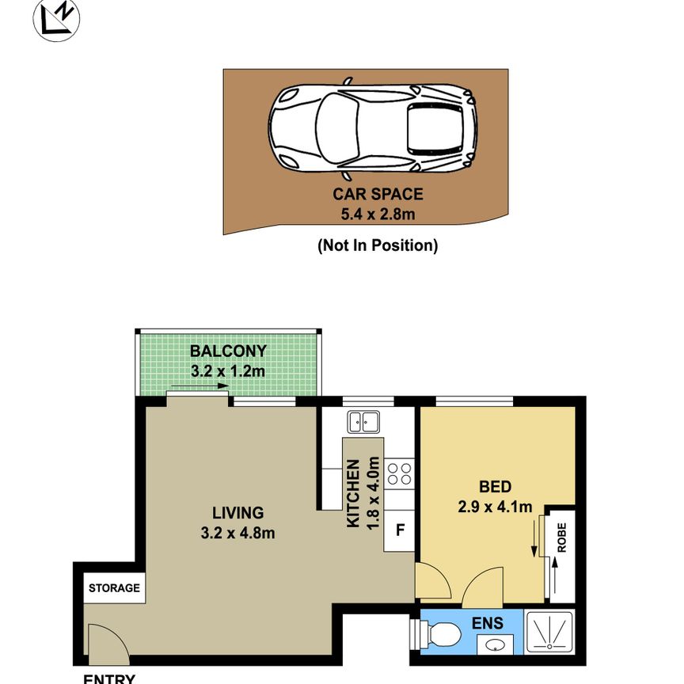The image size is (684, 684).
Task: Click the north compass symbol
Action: [56, 18]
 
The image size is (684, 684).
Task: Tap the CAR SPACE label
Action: [377, 193]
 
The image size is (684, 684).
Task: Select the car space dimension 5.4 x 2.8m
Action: [377, 211]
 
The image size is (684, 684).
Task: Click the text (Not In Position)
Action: [377, 245]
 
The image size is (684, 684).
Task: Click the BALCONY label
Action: [228, 351]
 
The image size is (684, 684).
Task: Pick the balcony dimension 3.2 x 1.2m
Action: [228, 370]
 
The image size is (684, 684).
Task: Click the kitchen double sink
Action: [365, 422]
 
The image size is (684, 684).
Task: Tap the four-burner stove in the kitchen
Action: [400, 473]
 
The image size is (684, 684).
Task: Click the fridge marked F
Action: [400, 530]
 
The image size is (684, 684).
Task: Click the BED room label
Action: [495, 486]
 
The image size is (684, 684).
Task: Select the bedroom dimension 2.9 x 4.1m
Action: [495, 507]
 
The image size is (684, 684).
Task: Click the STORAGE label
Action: [114, 588]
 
